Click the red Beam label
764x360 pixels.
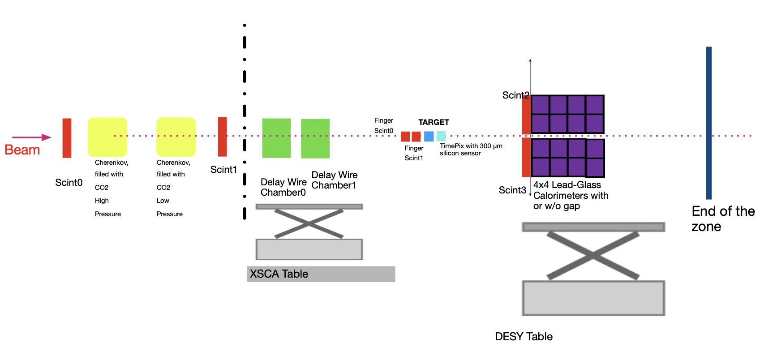(x=22, y=150)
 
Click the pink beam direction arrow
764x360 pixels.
(x=32, y=137)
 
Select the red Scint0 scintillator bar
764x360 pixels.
(x=67, y=138)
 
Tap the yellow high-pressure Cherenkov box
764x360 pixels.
(x=107, y=137)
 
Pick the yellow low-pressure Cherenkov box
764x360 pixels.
(x=176, y=137)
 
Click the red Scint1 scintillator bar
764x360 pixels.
(x=223, y=137)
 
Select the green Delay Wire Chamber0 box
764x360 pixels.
(x=276, y=138)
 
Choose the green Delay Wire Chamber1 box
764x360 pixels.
(x=315, y=138)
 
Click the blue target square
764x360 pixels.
(x=429, y=137)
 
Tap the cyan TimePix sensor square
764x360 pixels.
(x=441, y=137)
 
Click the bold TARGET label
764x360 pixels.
(x=434, y=122)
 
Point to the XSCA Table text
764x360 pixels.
(x=279, y=274)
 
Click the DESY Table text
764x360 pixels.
(x=524, y=336)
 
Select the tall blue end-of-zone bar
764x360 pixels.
(x=709, y=123)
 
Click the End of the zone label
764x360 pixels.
(x=723, y=219)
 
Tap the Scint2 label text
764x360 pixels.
(x=516, y=95)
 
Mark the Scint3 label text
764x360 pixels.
(x=512, y=190)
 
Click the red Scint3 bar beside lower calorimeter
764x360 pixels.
(x=526, y=157)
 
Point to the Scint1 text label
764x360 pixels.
(x=223, y=169)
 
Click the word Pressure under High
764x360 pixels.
(x=108, y=214)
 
